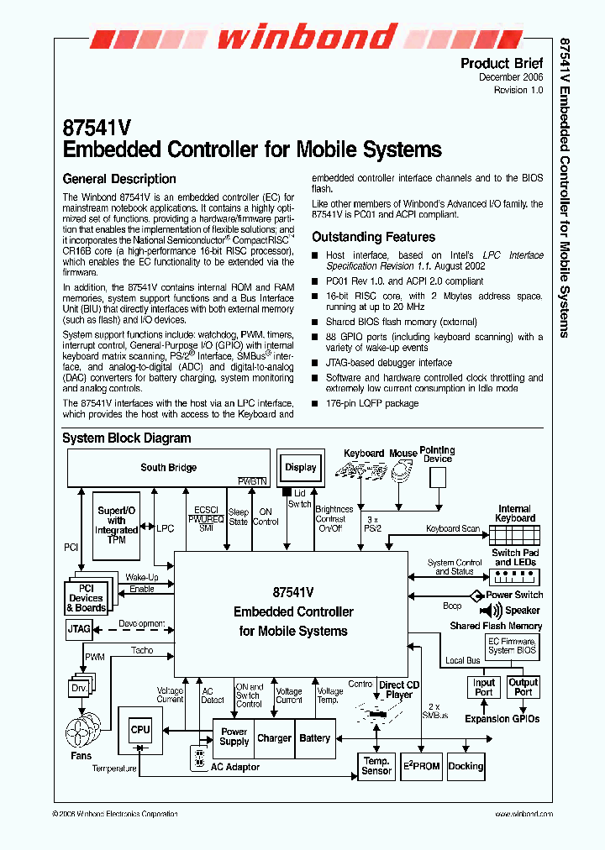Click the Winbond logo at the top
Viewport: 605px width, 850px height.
(306, 38)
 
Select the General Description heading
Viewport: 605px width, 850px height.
(119, 179)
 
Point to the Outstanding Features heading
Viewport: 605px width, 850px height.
(373, 237)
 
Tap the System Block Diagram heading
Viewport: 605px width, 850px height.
(126, 438)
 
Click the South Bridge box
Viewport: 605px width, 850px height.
(168, 468)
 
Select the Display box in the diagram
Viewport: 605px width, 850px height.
(300, 468)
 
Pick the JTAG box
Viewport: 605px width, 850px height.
(78, 628)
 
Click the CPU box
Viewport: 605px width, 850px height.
(140, 731)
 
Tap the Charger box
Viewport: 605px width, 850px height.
(274, 738)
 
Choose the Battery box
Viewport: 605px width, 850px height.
(314, 738)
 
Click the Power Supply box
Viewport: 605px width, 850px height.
(234, 737)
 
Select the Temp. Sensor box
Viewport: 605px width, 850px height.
(376, 765)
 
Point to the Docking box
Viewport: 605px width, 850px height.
(466, 765)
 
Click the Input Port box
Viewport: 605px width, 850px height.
(484, 687)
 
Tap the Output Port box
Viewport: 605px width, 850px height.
(523, 687)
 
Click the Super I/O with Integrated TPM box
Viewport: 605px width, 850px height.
(117, 525)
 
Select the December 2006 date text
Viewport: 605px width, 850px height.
(511, 77)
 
